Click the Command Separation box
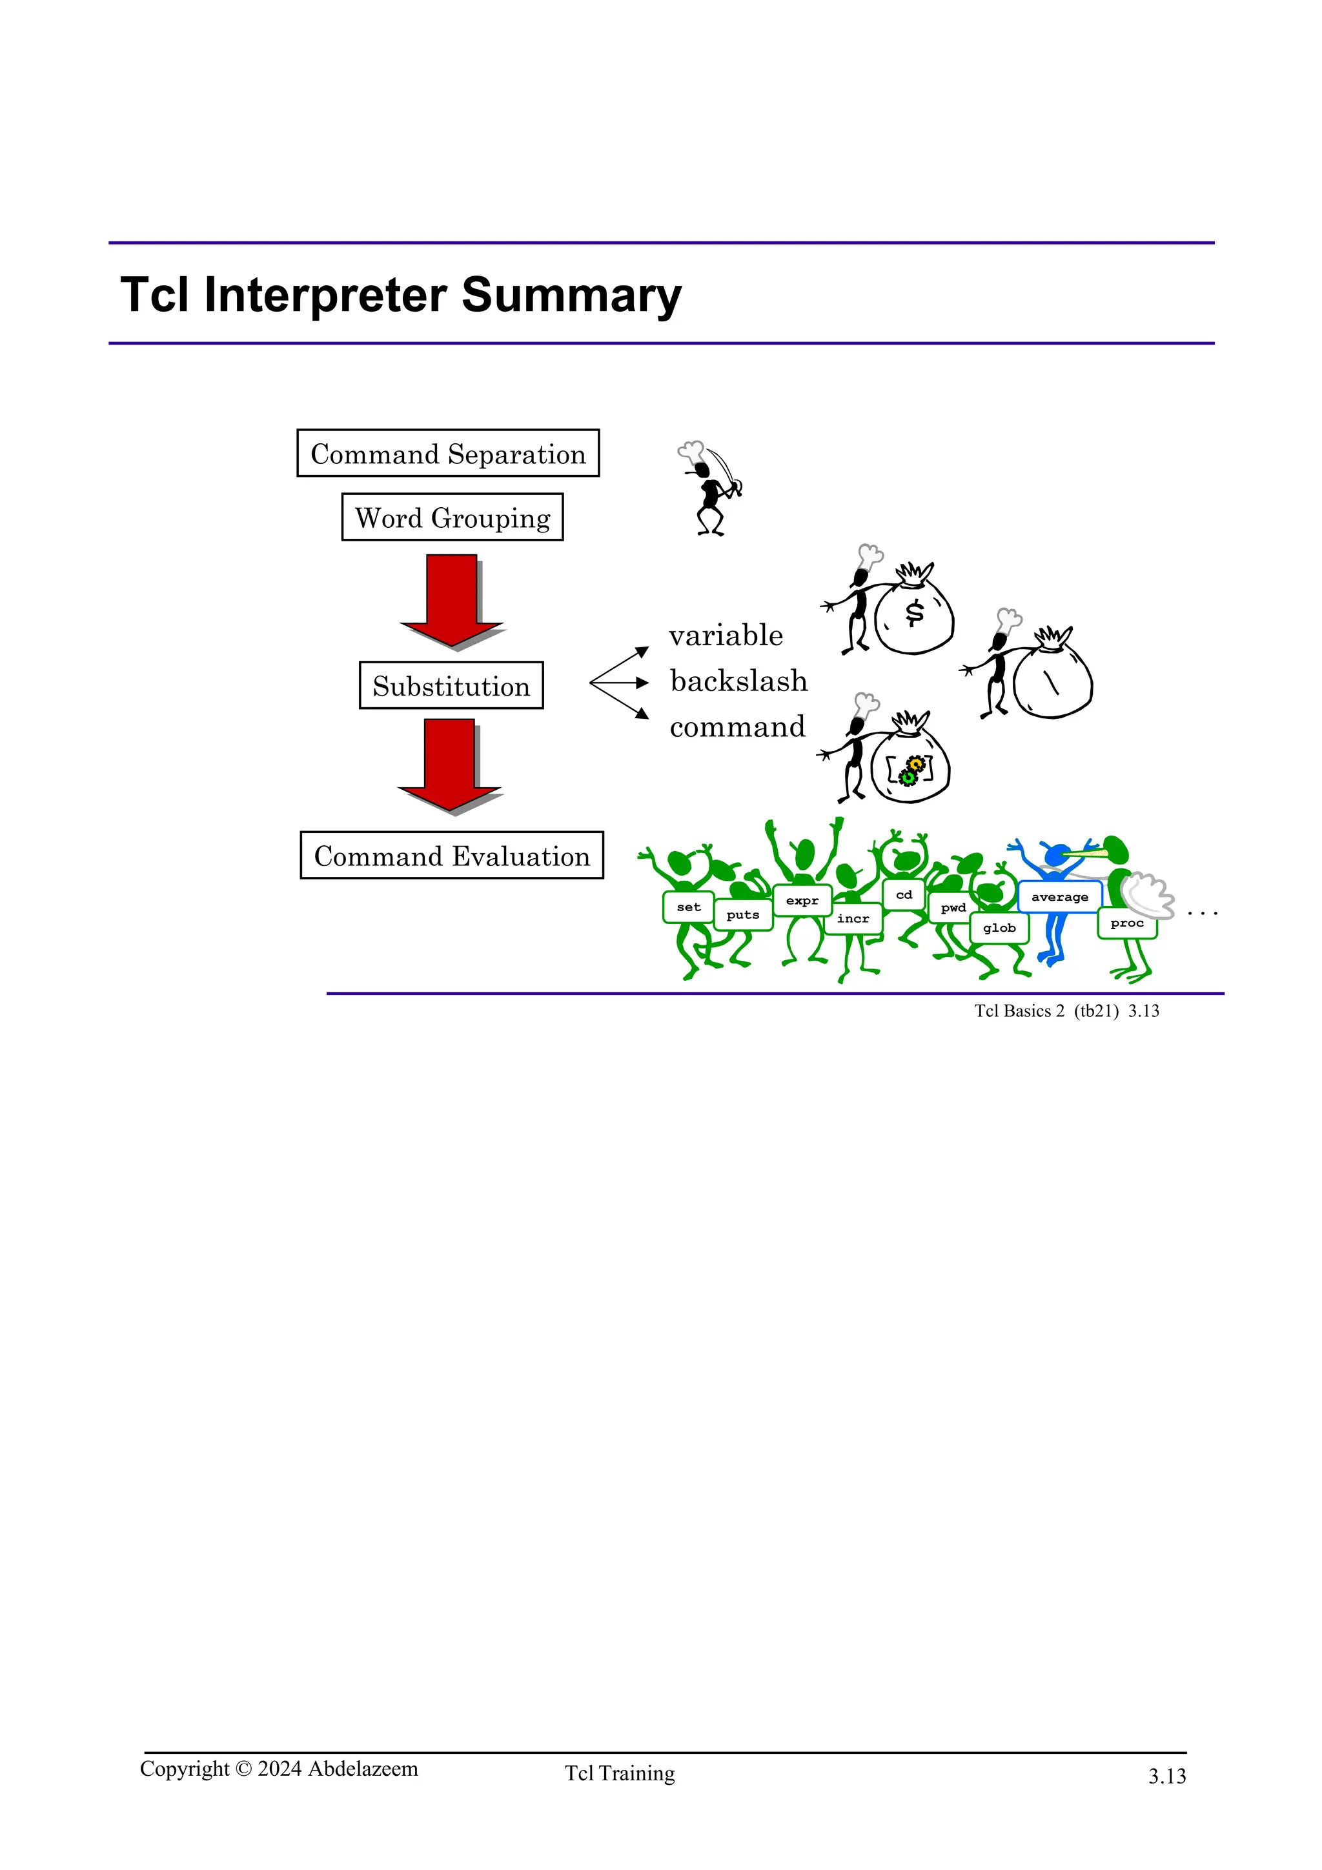click(448, 454)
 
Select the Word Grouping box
click(452, 517)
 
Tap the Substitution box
click(451, 686)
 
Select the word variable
click(726, 636)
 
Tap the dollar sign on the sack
click(915, 612)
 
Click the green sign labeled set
click(688, 907)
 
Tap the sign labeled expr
click(802, 901)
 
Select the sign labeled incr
click(853, 919)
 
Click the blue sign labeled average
click(1060, 897)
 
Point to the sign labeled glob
click(999, 929)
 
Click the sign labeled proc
click(1127, 923)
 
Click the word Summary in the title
click(571, 295)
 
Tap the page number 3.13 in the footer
click(1167, 1776)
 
